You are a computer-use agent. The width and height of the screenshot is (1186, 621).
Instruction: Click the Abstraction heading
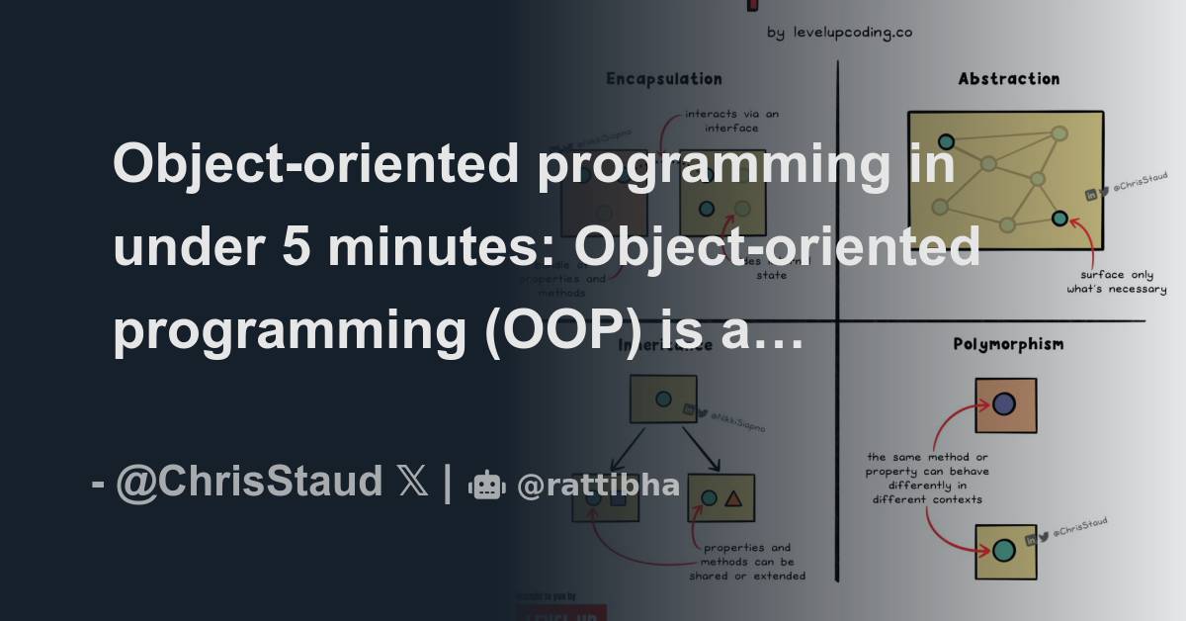(1008, 79)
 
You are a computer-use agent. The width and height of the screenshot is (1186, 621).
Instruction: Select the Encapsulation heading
(663, 79)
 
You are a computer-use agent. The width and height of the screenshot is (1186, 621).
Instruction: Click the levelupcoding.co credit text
(839, 32)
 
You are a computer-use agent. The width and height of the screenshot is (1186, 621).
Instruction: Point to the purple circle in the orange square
(1004, 403)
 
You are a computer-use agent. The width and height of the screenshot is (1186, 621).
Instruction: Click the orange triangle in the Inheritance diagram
(733, 498)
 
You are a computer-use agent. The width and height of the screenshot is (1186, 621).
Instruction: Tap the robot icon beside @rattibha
(485, 485)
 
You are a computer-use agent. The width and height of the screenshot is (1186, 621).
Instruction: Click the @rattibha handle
(598, 486)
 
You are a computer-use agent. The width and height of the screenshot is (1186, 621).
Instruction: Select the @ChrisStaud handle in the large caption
(248, 483)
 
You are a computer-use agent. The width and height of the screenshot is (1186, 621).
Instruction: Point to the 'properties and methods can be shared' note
(754, 561)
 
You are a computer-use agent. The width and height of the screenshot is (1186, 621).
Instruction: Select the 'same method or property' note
(927, 478)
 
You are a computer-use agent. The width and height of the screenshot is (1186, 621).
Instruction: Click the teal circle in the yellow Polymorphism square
(1004, 550)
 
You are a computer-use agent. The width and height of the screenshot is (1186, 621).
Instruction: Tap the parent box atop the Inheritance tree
(664, 399)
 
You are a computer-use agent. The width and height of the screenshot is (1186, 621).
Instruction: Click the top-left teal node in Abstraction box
(946, 141)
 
